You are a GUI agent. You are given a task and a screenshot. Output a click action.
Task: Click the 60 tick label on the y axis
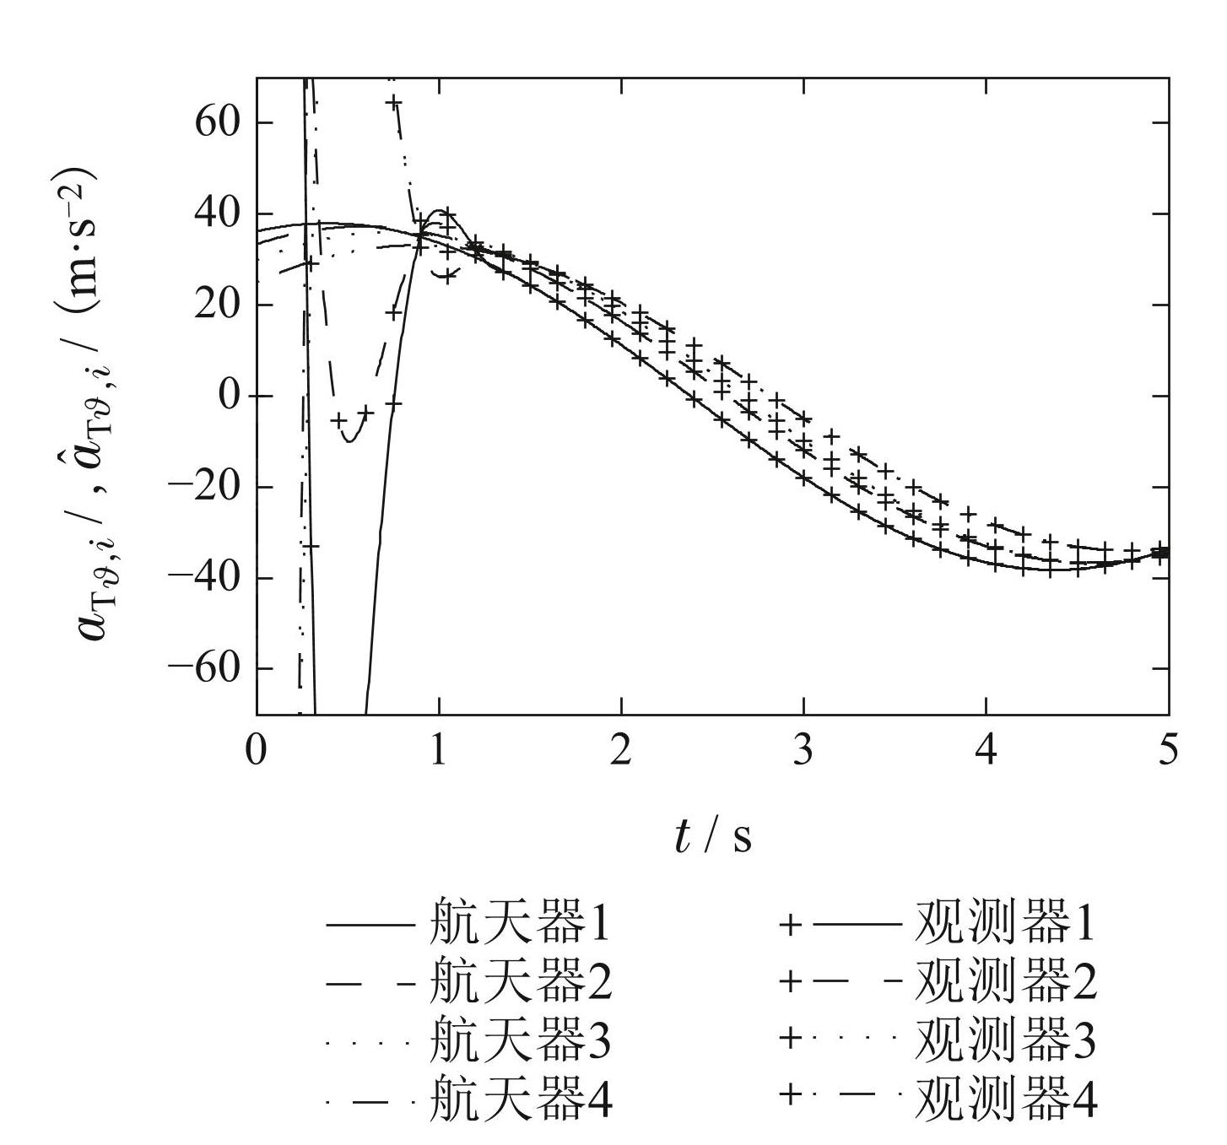[x=218, y=122]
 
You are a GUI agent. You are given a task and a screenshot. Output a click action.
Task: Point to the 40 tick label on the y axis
[x=218, y=213]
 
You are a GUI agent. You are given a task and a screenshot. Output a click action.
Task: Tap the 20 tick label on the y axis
[x=218, y=305]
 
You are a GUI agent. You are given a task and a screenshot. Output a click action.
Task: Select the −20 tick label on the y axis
[x=204, y=487]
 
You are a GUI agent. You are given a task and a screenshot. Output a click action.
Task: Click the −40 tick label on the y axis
[x=204, y=578]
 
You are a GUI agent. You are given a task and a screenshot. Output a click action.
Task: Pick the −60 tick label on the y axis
[x=204, y=668]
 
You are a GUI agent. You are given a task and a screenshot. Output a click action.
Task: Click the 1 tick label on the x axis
[x=439, y=750]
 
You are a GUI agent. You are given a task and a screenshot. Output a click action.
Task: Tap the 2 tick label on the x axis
[x=621, y=750]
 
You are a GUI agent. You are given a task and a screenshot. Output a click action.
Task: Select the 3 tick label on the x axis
[x=803, y=750]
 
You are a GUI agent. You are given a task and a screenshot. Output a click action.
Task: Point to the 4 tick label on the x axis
[x=986, y=750]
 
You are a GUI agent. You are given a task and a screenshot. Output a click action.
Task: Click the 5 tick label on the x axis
[x=1167, y=750]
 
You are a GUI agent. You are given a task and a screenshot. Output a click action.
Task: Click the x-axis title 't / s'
[x=714, y=836]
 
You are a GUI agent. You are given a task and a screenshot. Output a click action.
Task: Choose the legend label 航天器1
[x=520, y=924]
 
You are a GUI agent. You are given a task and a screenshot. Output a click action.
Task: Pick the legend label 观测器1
[x=1005, y=924]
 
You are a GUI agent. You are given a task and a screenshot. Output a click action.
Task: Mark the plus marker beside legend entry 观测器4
[x=790, y=1096]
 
